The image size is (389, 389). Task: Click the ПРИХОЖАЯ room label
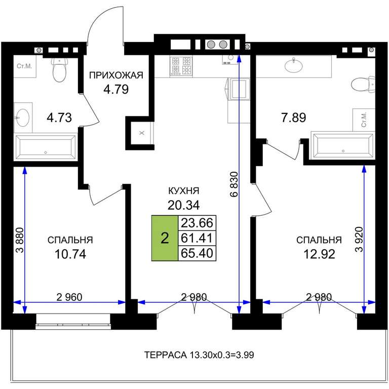tap(116, 75)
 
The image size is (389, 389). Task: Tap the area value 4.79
tap(116, 89)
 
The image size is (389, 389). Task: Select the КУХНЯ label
tap(183, 191)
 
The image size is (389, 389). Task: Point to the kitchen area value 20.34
tap(183, 205)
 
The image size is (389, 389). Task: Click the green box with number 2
tap(165, 238)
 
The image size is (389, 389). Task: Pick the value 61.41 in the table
tap(197, 238)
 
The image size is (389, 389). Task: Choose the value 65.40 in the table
tap(197, 253)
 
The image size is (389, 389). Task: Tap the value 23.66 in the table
tap(197, 223)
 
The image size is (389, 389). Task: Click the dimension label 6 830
tap(234, 184)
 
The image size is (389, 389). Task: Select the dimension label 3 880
tap(20, 240)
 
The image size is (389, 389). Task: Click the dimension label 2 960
tap(69, 297)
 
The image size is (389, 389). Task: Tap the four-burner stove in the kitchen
tap(181, 66)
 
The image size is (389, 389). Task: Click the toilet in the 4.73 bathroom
tap(59, 70)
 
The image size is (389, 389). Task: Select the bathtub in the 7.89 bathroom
tap(343, 146)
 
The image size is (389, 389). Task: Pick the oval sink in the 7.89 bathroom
tap(294, 65)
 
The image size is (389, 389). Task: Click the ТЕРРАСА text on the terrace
tap(166, 355)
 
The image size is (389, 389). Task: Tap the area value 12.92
tap(320, 254)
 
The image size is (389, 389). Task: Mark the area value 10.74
tap(70, 254)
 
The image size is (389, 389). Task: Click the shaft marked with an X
tap(142, 133)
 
